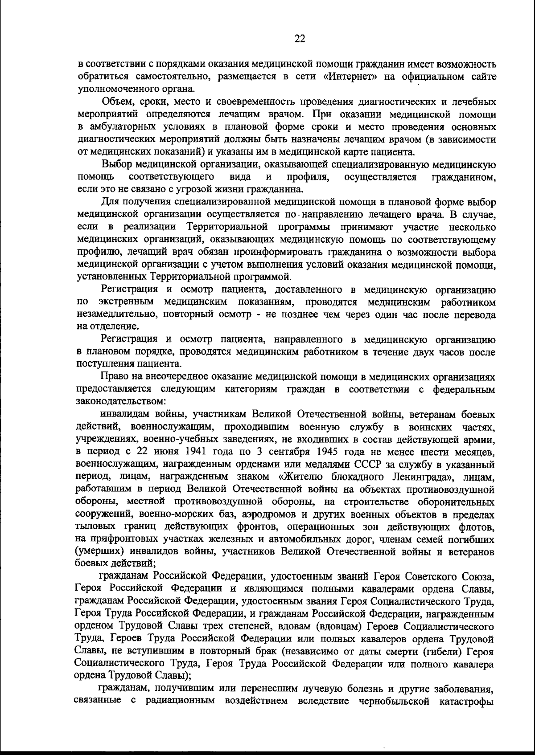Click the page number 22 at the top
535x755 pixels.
tap(300, 39)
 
